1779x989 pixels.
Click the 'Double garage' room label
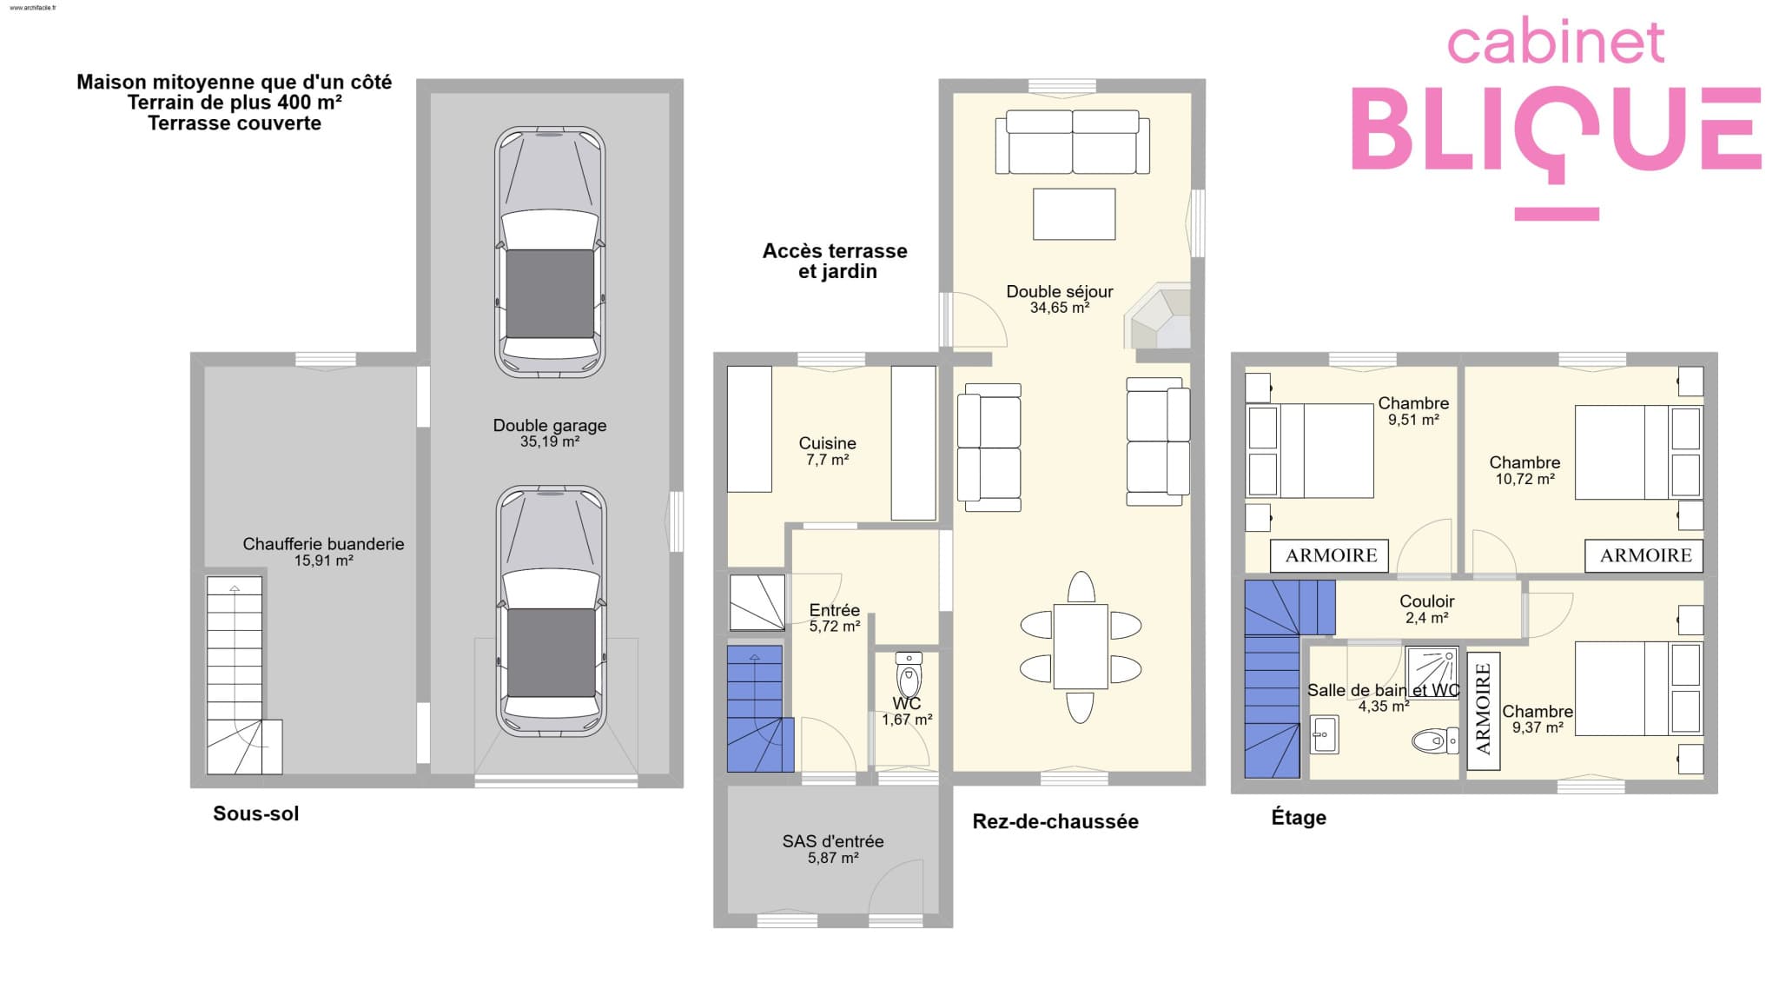pyautogui.click(x=550, y=426)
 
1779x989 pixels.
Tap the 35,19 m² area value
pyautogui.click(x=550, y=441)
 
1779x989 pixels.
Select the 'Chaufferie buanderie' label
pyautogui.click(x=323, y=544)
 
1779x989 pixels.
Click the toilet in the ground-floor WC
pyautogui.click(x=909, y=674)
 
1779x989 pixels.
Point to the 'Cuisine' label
pyautogui.click(x=828, y=443)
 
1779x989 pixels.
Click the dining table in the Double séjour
pyautogui.click(x=1081, y=647)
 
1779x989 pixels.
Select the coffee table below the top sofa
pyautogui.click(x=1074, y=214)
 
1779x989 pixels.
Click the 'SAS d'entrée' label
pyautogui.click(x=833, y=841)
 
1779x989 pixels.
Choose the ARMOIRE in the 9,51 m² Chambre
pyautogui.click(x=1330, y=555)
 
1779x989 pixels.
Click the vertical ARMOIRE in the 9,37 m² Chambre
pyautogui.click(x=1484, y=711)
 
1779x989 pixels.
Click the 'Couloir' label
pyautogui.click(x=1427, y=601)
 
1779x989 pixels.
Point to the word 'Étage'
pyautogui.click(x=1299, y=817)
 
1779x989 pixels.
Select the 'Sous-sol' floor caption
pyautogui.click(x=256, y=813)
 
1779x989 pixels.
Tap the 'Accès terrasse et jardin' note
pyautogui.click(x=836, y=261)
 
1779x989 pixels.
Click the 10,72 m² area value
pyautogui.click(x=1524, y=479)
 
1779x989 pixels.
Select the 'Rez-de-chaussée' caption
pyautogui.click(x=1055, y=821)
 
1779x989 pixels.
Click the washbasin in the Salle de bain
pyautogui.click(x=1324, y=734)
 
